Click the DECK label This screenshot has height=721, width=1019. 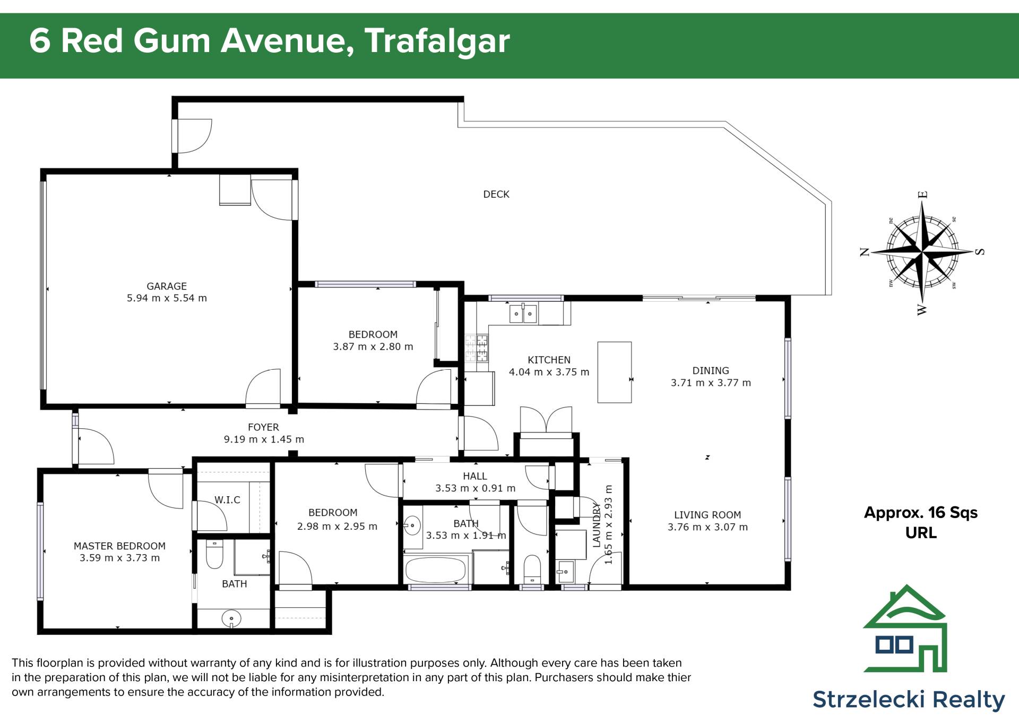coord(496,194)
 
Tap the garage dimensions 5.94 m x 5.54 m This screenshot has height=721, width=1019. coord(167,298)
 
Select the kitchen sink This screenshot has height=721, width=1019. coord(523,313)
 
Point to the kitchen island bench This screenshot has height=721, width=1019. coord(615,372)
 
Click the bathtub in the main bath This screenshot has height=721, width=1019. coord(436,570)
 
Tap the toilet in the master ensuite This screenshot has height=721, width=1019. coord(214,555)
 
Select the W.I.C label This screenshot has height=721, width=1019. coord(227,500)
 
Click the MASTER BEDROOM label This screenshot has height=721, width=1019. coord(119,546)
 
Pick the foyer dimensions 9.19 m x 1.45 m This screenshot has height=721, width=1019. coord(264,439)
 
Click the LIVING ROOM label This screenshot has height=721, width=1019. coord(707,515)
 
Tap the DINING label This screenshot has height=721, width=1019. coord(711,370)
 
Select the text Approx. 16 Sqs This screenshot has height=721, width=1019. coord(921,513)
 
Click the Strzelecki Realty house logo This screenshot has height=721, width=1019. coord(905,628)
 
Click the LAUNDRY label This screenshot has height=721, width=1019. coord(597,525)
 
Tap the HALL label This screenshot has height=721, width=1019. coord(474,476)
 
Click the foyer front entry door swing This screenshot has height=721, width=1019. coord(96,446)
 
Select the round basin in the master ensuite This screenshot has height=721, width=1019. coord(231,618)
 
